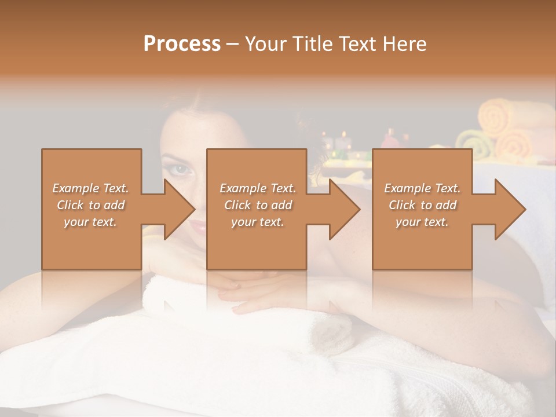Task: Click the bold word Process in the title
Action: click(182, 44)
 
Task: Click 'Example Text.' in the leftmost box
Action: click(91, 188)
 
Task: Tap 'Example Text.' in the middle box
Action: click(258, 188)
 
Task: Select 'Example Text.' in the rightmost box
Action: click(422, 188)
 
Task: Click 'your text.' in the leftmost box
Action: click(90, 222)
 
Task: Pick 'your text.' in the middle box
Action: click(258, 222)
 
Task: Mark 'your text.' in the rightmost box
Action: click(422, 222)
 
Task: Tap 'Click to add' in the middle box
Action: click(258, 205)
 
